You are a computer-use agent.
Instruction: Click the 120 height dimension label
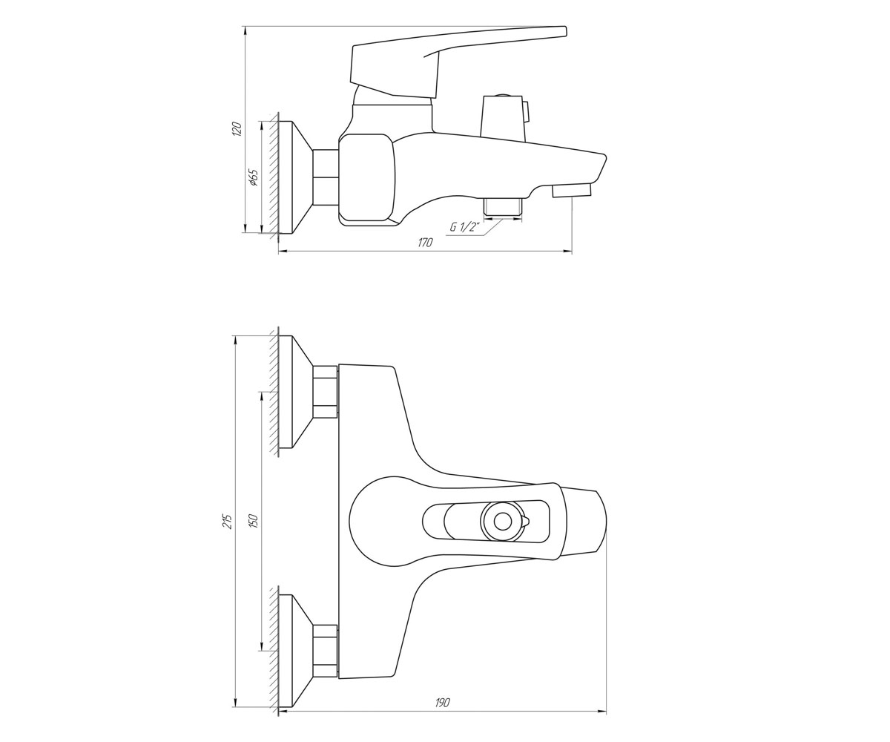pos(238,128)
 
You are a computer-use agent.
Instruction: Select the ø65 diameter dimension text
pos(253,177)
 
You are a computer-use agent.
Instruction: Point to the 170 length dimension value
pos(425,243)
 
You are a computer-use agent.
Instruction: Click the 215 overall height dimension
pos(228,522)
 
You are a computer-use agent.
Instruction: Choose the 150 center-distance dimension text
pos(254,521)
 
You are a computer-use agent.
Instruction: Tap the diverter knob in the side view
pos(504,115)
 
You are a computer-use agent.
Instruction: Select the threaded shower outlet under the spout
pos(503,207)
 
